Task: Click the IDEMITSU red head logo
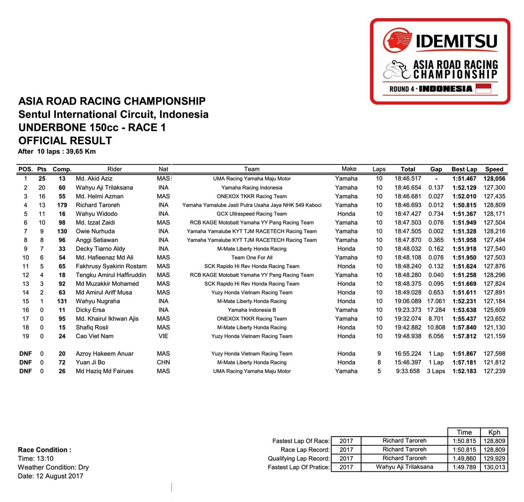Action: [397, 40]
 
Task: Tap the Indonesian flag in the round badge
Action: [483, 88]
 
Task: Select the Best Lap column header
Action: [464, 169]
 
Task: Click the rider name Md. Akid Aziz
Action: [94, 179]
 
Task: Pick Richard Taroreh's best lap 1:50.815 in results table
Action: [464, 205]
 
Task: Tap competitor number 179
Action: [62, 205]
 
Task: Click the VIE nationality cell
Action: [163, 336]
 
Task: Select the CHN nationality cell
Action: [163, 362]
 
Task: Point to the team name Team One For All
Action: [252, 257]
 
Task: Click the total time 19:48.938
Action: [408, 336]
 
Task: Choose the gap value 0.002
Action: [436, 231]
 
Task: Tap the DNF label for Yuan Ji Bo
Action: [26, 362]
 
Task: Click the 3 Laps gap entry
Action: [436, 371]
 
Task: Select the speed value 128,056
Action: [494, 179]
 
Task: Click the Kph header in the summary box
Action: [494, 432]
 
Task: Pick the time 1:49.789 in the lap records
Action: [464, 467]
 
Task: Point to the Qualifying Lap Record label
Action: [299, 459]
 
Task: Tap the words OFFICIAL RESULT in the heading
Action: [65, 140]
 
